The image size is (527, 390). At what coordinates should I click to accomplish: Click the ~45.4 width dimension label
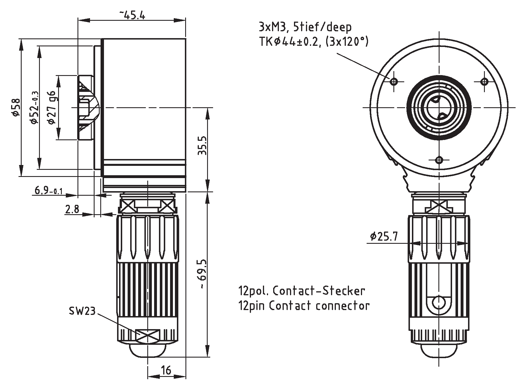(x=132, y=15)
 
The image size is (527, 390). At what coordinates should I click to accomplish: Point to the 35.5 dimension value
(x=202, y=145)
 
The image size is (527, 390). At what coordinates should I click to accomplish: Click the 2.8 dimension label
(x=72, y=209)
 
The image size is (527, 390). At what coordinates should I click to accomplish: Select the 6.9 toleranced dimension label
(x=48, y=190)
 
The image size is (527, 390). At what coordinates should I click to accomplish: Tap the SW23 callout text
(x=82, y=311)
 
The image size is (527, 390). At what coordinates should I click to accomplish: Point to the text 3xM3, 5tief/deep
(x=305, y=27)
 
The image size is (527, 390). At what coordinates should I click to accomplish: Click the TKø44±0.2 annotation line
(x=313, y=42)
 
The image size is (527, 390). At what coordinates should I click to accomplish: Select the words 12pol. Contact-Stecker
(x=301, y=291)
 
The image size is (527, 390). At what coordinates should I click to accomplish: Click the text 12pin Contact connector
(x=304, y=306)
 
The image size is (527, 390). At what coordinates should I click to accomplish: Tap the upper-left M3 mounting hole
(x=394, y=82)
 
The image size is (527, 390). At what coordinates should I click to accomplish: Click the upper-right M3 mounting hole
(x=484, y=82)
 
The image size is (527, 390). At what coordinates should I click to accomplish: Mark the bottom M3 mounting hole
(x=439, y=160)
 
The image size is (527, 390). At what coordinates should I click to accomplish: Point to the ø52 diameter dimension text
(x=34, y=108)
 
